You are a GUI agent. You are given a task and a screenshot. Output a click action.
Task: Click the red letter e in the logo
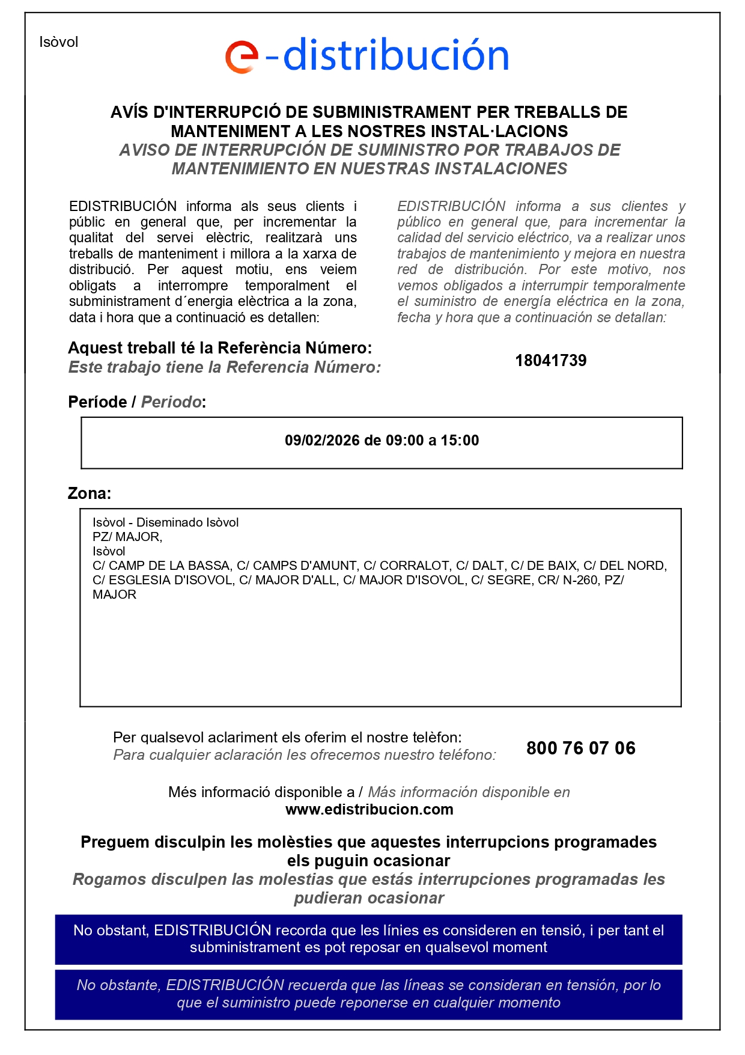[242, 57]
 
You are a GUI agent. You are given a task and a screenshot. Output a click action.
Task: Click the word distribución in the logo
[395, 55]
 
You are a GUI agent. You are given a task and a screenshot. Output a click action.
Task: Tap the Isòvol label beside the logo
[59, 42]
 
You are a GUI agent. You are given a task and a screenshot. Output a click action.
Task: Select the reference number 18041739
[550, 361]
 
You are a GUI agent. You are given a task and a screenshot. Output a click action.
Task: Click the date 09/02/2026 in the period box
[322, 441]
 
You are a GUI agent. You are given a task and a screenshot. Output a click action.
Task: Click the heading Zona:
[90, 494]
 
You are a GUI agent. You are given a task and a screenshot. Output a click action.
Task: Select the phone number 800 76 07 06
[580, 748]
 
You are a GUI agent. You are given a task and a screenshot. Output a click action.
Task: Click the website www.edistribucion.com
[369, 810]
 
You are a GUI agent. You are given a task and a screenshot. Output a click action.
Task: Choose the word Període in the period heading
[97, 402]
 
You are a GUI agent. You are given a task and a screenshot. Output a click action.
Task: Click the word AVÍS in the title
[129, 112]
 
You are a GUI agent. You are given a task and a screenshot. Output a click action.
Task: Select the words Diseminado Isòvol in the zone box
[187, 522]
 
